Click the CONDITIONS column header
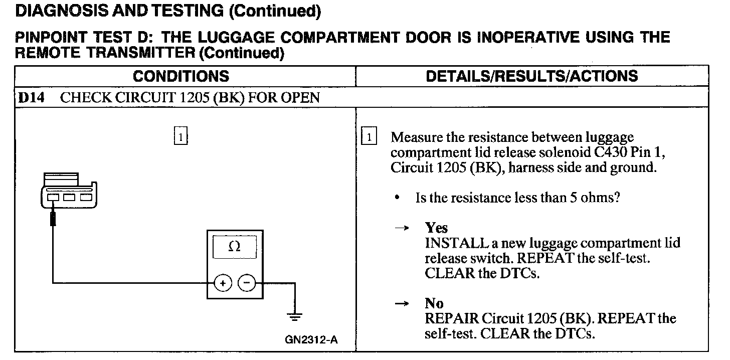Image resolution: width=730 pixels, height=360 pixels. pos(181,76)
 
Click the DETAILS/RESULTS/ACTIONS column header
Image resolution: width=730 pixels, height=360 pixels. pos(531,76)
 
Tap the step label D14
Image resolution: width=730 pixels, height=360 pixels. pos(31,97)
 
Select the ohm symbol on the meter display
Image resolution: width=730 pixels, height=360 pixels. pos(234,247)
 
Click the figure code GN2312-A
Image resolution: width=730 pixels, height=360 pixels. pos(311,340)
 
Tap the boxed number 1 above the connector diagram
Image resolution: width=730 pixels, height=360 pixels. pos(180,136)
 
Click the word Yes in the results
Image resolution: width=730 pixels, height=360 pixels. pos(436,228)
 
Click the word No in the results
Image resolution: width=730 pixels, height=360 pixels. pos(434,303)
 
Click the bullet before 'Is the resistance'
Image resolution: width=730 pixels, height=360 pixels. pos(397,198)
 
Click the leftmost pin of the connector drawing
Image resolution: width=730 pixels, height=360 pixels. pos(52,198)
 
